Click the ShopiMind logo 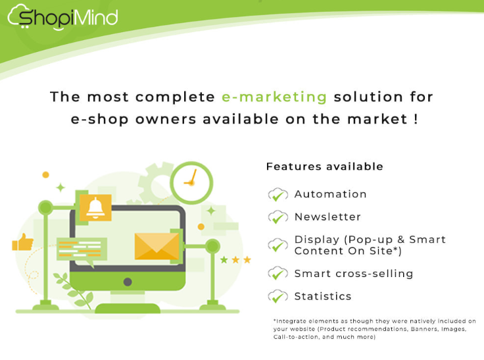[62, 17]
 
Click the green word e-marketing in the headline [274, 97]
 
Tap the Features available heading [324, 167]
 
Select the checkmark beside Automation [278, 195]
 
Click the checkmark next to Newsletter [278, 217]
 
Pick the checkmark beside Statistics [278, 297]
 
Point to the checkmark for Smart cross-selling [278, 274]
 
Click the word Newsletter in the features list [327, 217]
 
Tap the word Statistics [323, 296]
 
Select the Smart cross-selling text [354, 274]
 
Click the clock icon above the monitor [191, 182]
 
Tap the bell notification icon [95, 207]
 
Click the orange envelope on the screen [157, 246]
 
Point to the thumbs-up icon [22, 242]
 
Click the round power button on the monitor [128, 282]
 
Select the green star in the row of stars [224, 260]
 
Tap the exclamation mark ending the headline [416, 119]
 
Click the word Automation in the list [330, 194]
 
